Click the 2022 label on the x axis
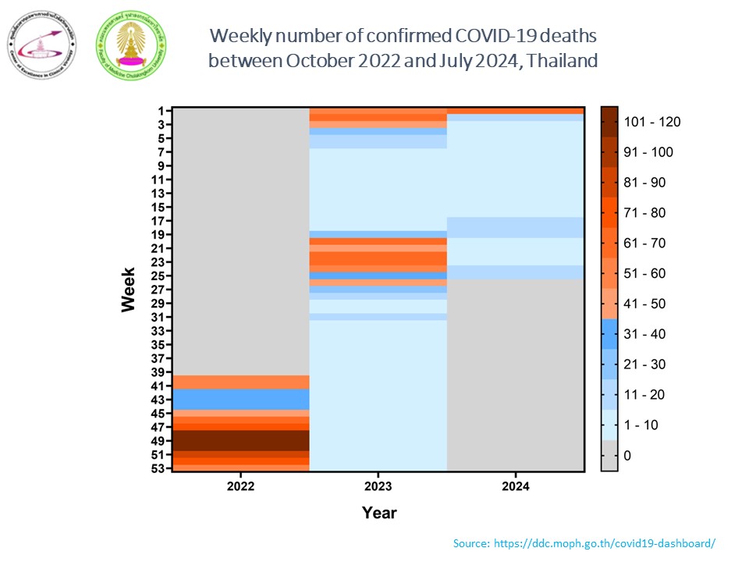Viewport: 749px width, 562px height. [240, 486]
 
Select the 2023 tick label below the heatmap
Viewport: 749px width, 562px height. [378, 486]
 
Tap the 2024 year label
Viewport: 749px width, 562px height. [516, 486]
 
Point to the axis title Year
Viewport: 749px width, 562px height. [379, 513]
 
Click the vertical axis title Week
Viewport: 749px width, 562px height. [129, 290]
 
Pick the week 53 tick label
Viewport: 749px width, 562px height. [157, 468]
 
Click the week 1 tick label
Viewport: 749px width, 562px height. [160, 111]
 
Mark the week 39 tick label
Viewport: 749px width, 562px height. [157, 372]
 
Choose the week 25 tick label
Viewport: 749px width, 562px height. [157, 276]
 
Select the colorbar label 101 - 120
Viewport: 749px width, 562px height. [652, 122]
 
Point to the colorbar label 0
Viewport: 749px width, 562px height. [628, 455]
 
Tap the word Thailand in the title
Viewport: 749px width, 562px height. [562, 60]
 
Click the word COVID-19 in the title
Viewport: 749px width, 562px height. [474, 36]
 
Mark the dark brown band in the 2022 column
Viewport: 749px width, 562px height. [240, 440]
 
